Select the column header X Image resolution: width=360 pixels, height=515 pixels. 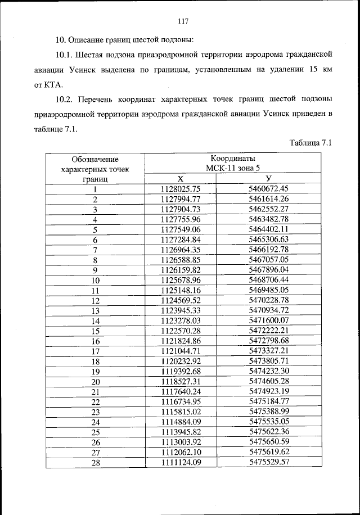point(181,179)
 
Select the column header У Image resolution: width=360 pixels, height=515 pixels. point(268,179)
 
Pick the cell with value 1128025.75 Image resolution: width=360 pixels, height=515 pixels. point(181,189)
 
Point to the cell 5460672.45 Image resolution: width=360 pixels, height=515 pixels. point(268,189)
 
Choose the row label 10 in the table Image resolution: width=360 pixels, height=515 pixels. point(95,280)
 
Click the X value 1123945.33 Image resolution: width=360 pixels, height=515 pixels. point(181,310)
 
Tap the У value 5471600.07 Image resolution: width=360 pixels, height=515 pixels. point(268,320)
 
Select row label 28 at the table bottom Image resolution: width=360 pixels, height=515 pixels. point(95,462)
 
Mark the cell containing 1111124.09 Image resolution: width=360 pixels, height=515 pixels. point(181,462)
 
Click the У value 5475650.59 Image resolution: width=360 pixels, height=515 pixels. point(268,442)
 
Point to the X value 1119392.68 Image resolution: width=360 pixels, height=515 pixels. point(181,371)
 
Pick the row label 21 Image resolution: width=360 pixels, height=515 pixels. point(95,391)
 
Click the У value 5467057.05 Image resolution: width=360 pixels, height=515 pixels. point(268,260)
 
